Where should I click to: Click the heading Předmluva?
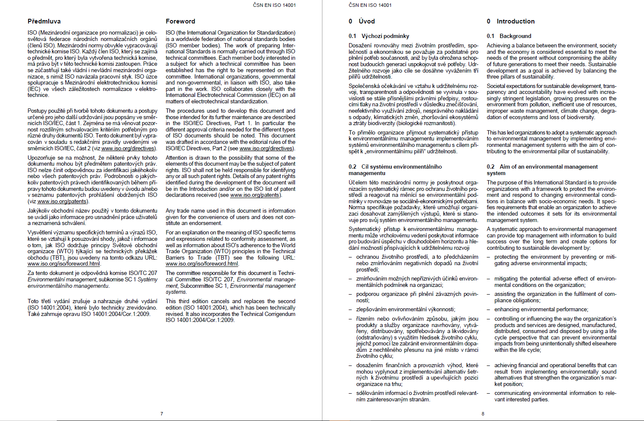(x=44, y=21)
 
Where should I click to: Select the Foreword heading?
(x=180, y=21)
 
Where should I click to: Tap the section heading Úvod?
(x=367, y=21)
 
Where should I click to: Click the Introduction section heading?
(x=515, y=21)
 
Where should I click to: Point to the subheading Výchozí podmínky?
(x=385, y=36)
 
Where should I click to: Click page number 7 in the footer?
(x=162, y=414)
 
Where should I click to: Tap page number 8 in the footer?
(x=483, y=414)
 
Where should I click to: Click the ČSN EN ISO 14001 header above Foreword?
(x=274, y=5)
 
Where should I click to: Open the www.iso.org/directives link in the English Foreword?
(x=266, y=149)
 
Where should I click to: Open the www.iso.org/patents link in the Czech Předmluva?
(x=62, y=202)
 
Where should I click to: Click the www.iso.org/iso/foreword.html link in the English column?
(x=202, y=264)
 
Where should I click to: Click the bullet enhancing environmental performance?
(x=541, y=310)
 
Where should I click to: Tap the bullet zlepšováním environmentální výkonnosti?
(x=405, y=310)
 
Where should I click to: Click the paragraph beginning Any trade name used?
(x=230, y=217)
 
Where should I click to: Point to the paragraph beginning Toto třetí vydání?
(x=92, y=307)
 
